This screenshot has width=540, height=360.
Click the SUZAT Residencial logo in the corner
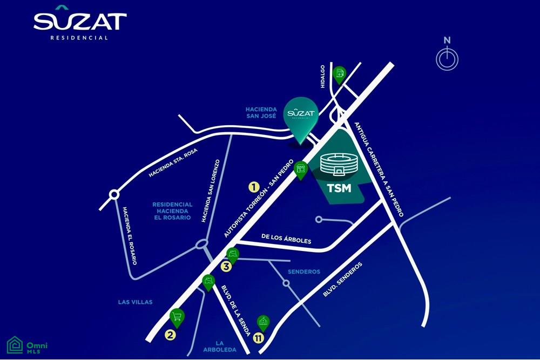point(80,23)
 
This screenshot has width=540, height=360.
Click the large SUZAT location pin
point(301,120)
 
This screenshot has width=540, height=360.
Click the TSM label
point(339,188)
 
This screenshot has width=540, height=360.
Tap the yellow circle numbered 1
point(254,187)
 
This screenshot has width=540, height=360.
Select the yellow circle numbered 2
point(171,335)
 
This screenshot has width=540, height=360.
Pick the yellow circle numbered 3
point(226,267)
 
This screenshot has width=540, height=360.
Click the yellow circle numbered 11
point(259,338)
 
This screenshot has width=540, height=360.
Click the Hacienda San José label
point(261,113)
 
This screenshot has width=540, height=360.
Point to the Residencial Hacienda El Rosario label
point(172,211)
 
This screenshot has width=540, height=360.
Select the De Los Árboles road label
point(286,239)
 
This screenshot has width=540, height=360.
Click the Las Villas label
point(136,302)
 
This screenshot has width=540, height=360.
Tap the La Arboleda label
point(220,346)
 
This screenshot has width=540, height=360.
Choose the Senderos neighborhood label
point(304,271)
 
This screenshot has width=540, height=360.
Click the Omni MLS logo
point(27,345)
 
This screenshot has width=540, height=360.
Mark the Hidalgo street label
point(323,77)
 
